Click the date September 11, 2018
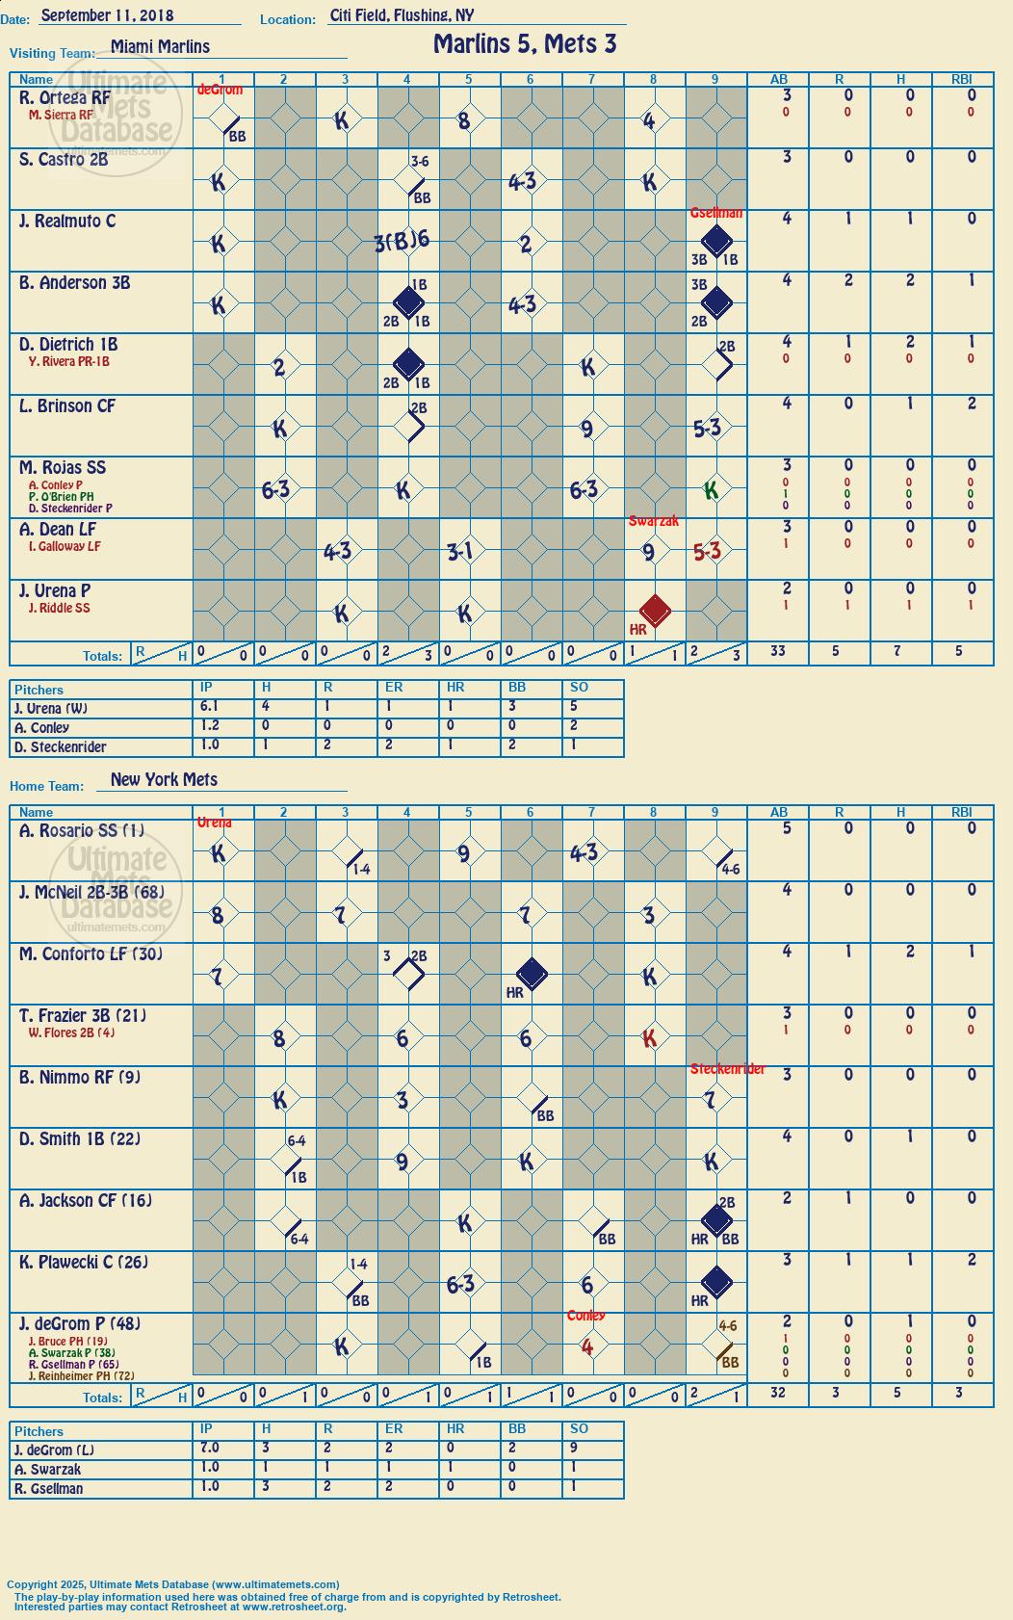[x=107, y=15]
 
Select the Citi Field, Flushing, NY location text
[x=402, y=15]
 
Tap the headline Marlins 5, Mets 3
[x=525, y=44]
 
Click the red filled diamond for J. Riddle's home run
[x=655, y=611]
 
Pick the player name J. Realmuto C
[x=67, y=221]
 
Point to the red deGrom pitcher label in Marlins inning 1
[x=220, y=90]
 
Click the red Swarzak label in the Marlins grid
[x=654, y=521]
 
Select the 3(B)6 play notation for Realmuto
[x=402, y=242]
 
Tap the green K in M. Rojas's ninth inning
[x=712, y=490]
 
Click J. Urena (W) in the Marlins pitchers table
[x=51, y=709]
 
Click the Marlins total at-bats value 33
[x=778, y=651]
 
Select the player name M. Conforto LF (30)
[x=91, y=954]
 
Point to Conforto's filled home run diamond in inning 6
[x=532, y=974]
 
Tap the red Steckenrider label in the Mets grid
[x=727, y=1069]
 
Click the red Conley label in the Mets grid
[x=586, y=1316]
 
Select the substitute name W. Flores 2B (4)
[x=71, y=1032]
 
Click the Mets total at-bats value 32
[x=778, y=1392]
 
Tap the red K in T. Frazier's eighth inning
[x=649, y=1038]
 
